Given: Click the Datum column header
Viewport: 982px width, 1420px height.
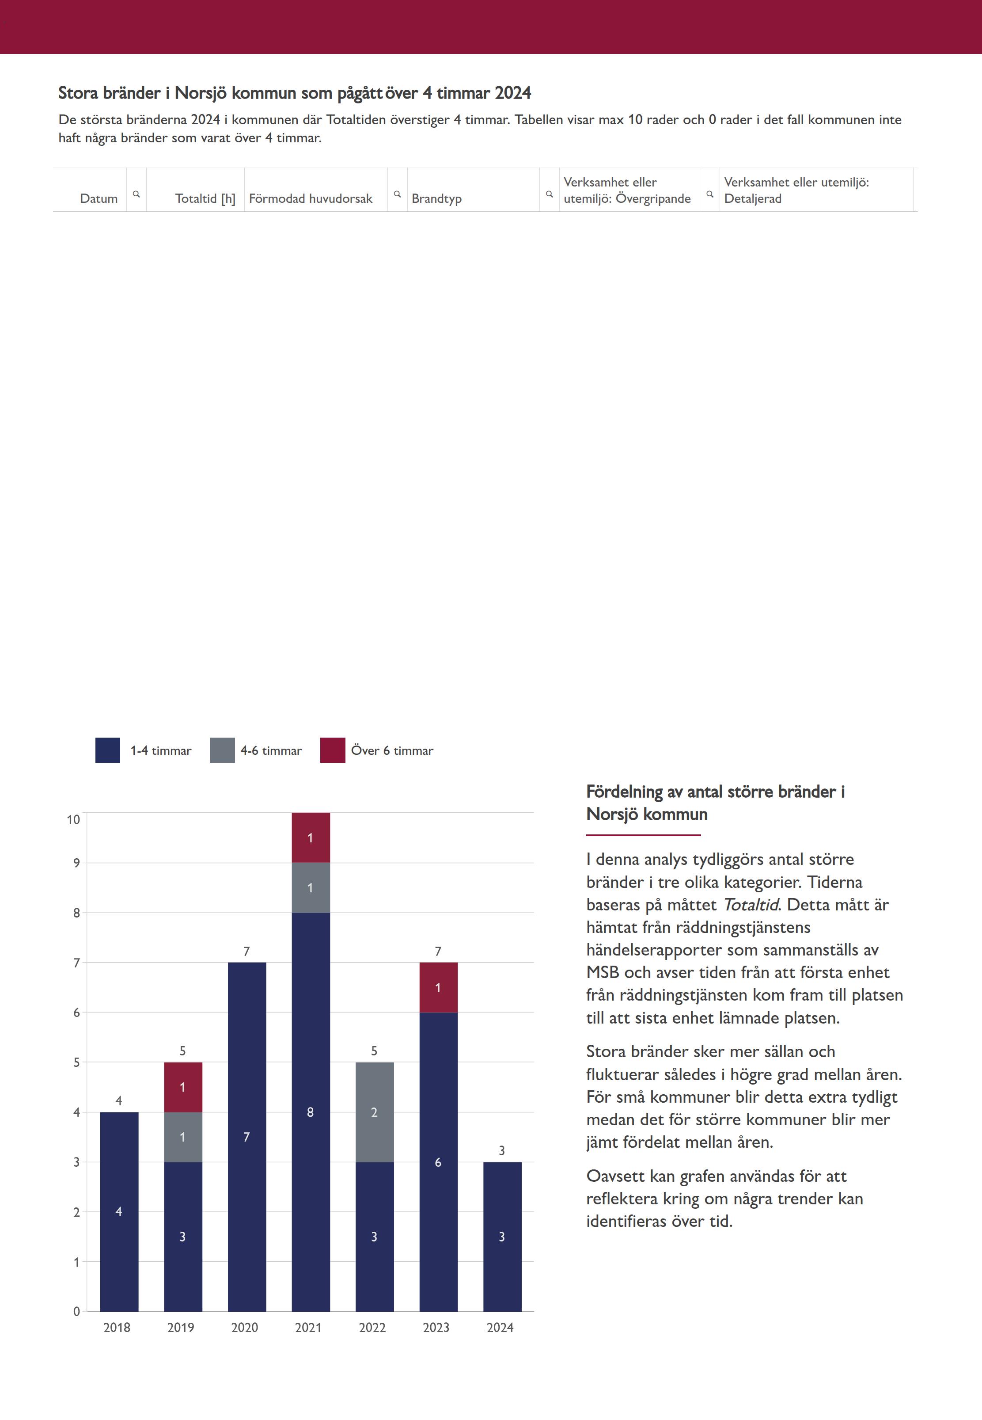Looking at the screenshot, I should [x=99, y=198].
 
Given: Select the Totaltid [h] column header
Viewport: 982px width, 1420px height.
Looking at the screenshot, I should [x=205, y=198].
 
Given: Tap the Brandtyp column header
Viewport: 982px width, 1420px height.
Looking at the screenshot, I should [x=436, y=198].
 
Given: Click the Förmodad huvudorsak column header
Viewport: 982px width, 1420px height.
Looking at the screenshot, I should [x=311, y=198].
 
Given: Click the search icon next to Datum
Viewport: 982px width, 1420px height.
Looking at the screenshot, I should [x=136, y=194].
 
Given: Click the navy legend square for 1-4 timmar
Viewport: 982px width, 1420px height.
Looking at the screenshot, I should [x=108, y=750].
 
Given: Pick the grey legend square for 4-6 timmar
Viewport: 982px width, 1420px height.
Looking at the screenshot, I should [x=222, y=750].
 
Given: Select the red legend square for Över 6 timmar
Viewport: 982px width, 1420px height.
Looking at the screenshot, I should [x=332, y=750].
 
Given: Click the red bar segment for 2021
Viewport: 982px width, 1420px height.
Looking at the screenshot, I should [x=311, y=837].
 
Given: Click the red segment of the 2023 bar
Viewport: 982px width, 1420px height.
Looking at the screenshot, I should [x=438, y=987].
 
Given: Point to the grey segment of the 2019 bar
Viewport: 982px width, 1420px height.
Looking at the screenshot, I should [x=183, y=1137].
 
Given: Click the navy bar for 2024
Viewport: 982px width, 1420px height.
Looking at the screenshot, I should [x=502, y=1237].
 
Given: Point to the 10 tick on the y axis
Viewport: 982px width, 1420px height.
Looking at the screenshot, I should [x=73, y=819].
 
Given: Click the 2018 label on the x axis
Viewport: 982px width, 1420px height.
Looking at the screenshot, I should [x=117, y=1327].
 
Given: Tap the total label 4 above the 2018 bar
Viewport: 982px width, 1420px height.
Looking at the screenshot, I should [x=119, y=1100].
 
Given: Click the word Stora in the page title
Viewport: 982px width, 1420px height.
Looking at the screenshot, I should [x=78, y=93].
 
